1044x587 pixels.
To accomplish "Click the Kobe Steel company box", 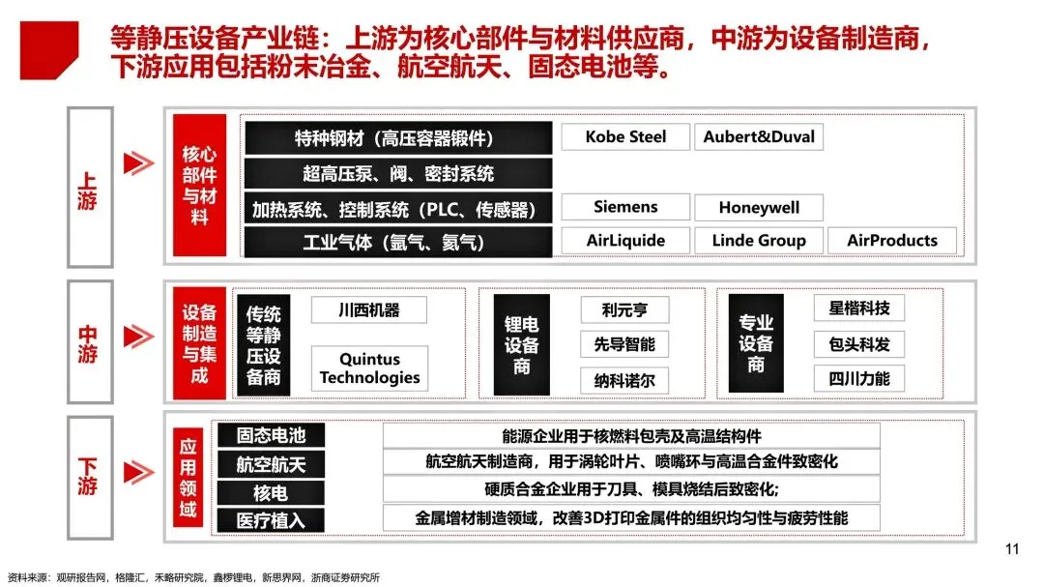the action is (625, 136).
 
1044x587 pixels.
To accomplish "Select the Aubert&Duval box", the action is (759, 136).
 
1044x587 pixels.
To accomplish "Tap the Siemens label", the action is (625, 207).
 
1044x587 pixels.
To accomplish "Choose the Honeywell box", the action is (758, 208).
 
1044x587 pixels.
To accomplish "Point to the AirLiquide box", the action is (625, 240).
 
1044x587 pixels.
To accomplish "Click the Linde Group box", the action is (759, 240).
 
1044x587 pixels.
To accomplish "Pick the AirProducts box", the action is (891, 240).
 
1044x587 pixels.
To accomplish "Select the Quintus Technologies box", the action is (369, 368).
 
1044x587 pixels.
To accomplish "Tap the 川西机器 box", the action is (368, 310).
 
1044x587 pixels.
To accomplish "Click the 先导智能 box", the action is (623, 344).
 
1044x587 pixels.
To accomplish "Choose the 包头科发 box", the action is (858, 343).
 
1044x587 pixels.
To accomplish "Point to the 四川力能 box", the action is (858, 377).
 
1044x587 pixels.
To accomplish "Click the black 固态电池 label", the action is (271, 436).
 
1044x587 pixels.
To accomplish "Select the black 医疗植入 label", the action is (271, 520).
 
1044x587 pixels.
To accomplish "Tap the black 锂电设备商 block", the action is (522, 344).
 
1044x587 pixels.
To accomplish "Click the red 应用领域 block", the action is (188, 478).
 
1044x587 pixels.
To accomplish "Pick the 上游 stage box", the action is (89, 187).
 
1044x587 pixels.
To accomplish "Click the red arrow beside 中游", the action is (139, 336).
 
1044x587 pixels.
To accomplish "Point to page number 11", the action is (1012, 550).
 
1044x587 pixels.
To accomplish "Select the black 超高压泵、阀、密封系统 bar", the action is (397, 173).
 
